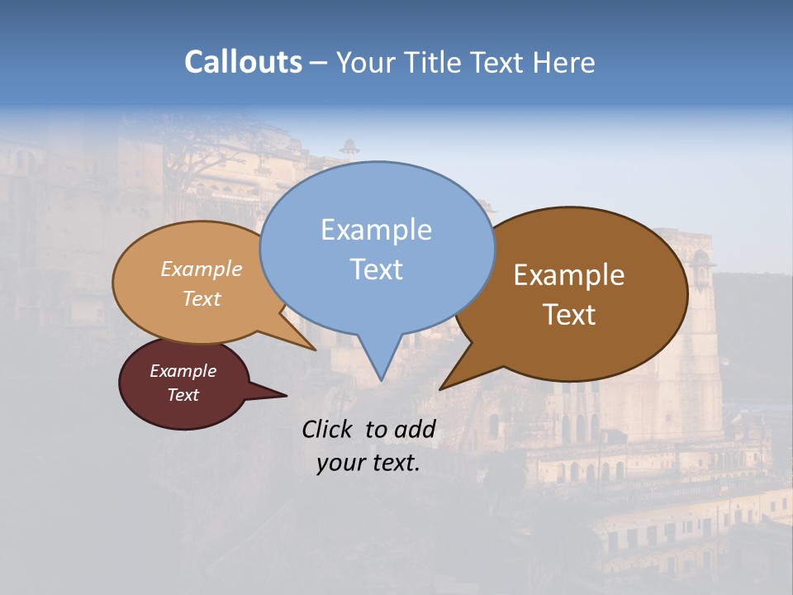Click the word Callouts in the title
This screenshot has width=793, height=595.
point(243,62)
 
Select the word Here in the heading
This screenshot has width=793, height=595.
point(564,62)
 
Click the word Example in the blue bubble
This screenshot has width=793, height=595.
point(376,230)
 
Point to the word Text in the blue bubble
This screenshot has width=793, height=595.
point(376,269)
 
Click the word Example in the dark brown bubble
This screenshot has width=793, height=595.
point(569,275)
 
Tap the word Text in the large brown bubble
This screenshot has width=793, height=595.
point(569,315)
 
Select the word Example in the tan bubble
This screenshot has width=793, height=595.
point(202,269)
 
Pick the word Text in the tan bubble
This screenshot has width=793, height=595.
point(202,298)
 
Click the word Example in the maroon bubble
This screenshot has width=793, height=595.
point(183,371)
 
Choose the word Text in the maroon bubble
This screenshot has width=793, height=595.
point(183,395)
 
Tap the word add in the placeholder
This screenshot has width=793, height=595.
point(414,429)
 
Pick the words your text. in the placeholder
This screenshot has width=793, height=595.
point(368,463)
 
